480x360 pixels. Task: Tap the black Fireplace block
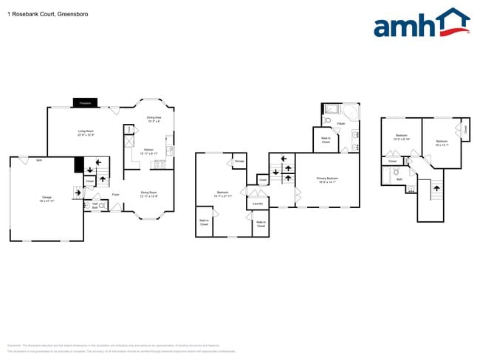tap(85, 103)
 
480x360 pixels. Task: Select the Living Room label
tap(87, 132)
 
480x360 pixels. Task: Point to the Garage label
tap(47, 198)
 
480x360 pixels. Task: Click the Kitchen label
tap(148, 150)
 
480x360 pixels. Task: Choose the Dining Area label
tap(154, 118)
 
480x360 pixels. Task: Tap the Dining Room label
tap(149, 193)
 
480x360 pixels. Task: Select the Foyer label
tap(116, 194)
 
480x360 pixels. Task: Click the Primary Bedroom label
tap(326, 179)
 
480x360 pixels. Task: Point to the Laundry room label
tap(257, 204)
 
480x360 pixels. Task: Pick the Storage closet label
tap(239, 161)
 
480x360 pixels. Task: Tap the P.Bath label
tap(340, 123)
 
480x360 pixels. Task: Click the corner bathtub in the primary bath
tap(351, 113)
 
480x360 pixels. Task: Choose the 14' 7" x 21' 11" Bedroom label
tap(222, 194)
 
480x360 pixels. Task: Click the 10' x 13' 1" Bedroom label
tap(442, 142)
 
